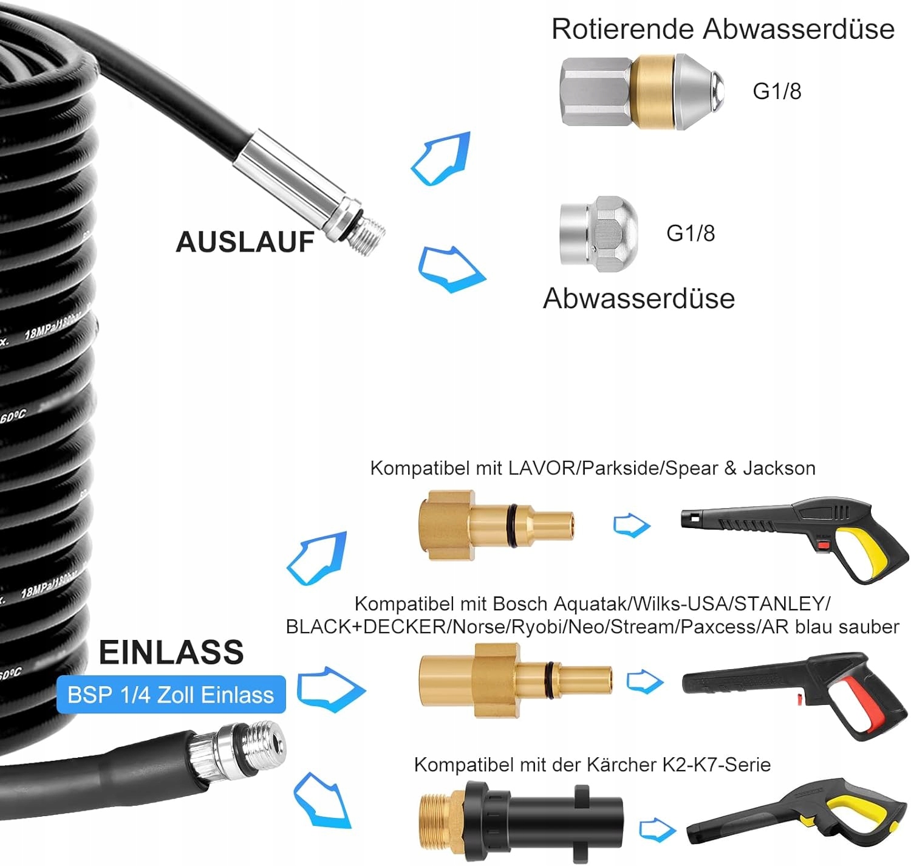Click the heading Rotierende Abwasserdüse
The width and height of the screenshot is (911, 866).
[x=722, y=29]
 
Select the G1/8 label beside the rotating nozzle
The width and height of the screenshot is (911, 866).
[x=777, y=91]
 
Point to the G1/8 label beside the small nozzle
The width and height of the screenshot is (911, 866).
[x=691, y=233]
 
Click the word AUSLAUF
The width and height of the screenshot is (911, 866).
[x=245, y=242]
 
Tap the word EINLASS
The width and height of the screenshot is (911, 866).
[x=171, y=652]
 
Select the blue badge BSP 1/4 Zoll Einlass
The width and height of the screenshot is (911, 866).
[x=171, y=695]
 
